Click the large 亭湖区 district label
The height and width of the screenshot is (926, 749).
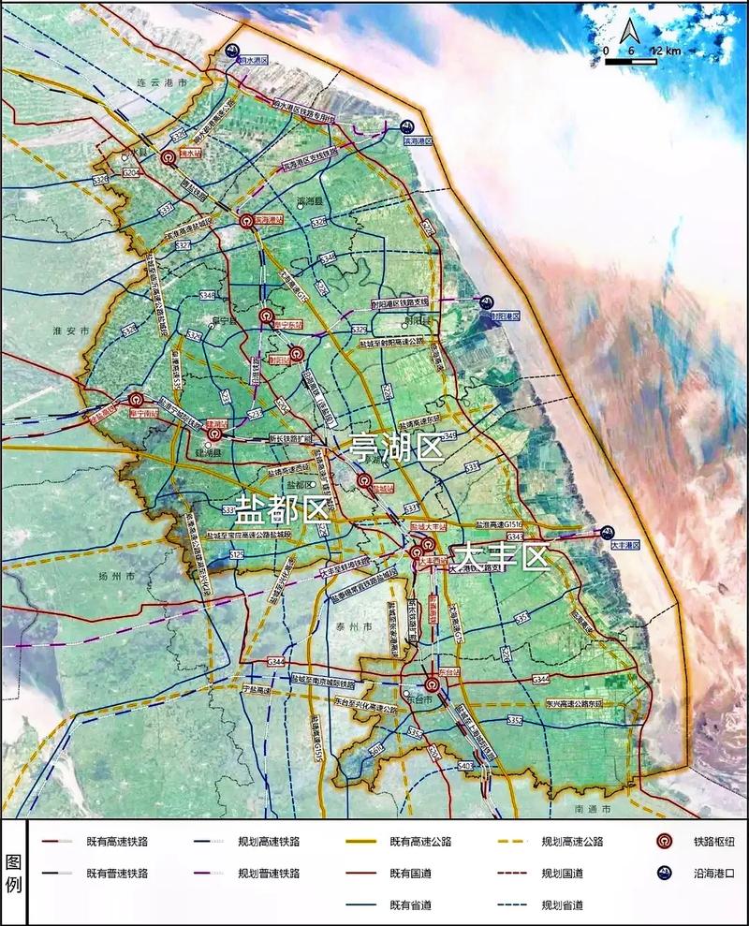[395, 448]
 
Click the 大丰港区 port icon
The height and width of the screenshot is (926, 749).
[607, 530]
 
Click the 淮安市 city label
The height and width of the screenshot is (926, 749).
[71, 331]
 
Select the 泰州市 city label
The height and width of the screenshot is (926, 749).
[354, 625]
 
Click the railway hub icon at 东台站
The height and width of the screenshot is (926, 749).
[445, 684]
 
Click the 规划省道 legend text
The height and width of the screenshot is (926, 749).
[563, 904]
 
